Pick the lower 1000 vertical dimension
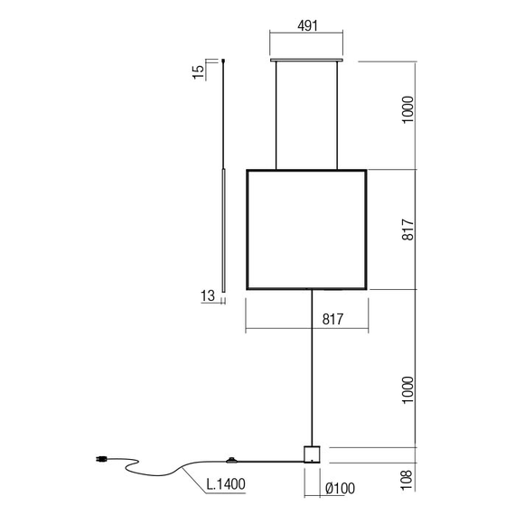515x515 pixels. pos(407,389)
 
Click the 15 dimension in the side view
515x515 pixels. pos(199,71)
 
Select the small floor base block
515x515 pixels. pos(312,454)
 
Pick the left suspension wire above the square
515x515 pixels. pos(276,116)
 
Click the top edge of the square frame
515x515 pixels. pos(306,170)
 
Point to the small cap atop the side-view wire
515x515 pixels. pos(222,61)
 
